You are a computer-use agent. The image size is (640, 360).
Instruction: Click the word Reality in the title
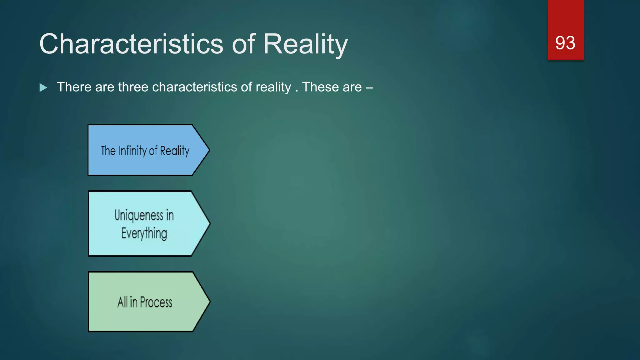(305, 44)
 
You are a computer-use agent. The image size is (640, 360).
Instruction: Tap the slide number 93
(565, 43)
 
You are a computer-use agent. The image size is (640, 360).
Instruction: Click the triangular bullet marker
(43, 87)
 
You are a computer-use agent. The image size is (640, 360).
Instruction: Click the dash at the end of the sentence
(369, 87)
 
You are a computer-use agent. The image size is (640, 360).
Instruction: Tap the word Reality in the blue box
(175, 151)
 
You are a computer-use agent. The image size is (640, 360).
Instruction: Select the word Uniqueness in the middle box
(139, 215)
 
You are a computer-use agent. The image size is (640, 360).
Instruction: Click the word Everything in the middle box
(144, 233)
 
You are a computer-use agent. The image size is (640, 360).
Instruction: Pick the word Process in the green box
(156, 302)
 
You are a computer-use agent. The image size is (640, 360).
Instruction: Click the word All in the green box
(122, 302)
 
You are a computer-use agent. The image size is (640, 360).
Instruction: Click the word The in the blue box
(108, 151)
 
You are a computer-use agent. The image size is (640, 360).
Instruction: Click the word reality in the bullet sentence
(273, 87)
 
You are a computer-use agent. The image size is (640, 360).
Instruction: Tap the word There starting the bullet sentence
(74, 87)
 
